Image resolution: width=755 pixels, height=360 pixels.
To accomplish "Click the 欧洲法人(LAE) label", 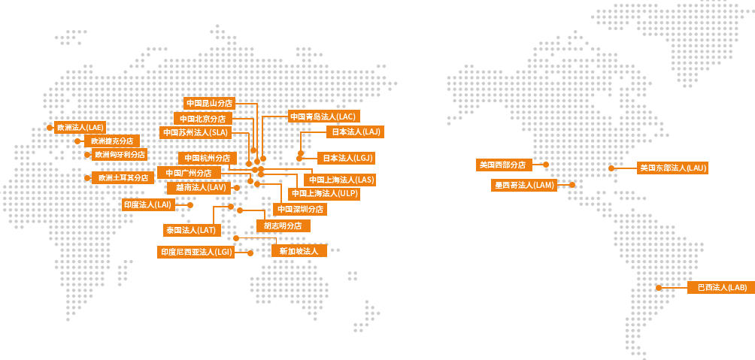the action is [x=80, y=128].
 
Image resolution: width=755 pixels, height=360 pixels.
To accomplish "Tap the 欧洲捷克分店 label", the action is [x=112, y=141].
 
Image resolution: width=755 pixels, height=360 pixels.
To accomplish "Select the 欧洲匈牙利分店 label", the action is [x=119, y=155].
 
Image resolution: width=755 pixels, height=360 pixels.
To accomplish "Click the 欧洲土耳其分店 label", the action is [x=123, y=177].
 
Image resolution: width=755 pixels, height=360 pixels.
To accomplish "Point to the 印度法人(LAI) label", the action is [x=148, y=204].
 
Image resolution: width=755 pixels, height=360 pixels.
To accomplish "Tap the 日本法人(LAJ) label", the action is [x=356, y=132].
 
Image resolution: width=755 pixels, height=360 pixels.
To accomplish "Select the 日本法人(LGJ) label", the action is [x=346, y=158].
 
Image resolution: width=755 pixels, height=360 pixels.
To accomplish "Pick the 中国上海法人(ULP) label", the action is [x=323, y=193].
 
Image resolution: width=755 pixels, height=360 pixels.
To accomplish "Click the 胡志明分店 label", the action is [x=283, y=225].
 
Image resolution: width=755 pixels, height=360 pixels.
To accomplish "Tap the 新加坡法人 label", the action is [x=299, y=251].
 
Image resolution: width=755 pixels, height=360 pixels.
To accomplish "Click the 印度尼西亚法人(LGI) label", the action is [x=196, y=253].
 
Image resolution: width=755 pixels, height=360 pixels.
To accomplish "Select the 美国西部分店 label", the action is [x=504, y=165].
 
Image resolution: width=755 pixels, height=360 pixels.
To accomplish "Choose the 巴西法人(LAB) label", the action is [x=721, y=287].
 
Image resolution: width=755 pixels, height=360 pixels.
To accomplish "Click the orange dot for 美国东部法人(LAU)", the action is [x=611, y=168].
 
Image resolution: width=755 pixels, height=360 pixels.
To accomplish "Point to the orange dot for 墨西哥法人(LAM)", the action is [x=572, y=185].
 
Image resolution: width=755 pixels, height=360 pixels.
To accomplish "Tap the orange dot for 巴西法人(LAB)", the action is [x=659, y=288].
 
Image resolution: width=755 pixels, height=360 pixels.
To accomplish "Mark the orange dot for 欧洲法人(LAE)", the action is [x=50, y=128].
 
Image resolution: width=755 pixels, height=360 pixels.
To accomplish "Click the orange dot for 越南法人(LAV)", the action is [x=236, y=188].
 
